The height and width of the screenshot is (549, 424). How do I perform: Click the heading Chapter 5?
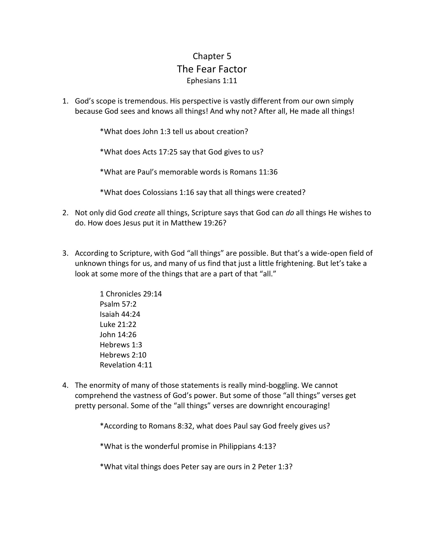point(212,56)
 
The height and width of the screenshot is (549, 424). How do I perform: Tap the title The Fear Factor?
point(212,69)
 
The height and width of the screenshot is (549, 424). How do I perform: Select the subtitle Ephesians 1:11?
point(212,81)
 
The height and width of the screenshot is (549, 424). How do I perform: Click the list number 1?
point(65,101)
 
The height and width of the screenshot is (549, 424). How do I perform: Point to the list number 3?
point(65,253)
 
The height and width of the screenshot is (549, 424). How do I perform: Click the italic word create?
point(144,213)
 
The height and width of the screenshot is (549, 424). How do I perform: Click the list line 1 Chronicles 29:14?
point(131,294)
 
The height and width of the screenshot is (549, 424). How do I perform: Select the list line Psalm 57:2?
point(118,304)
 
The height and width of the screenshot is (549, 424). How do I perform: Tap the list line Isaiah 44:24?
point(120,314)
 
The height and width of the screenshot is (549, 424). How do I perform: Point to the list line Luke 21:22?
point(118,324)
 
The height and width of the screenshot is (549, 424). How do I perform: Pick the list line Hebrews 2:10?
point(123,355)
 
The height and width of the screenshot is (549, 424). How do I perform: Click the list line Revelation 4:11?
point(126,365)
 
